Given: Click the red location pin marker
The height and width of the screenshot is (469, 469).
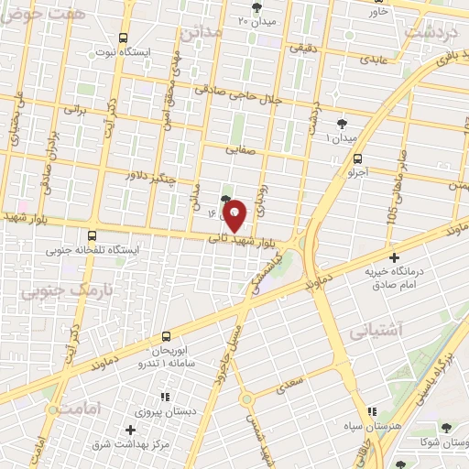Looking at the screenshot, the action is click(x=235, y=215).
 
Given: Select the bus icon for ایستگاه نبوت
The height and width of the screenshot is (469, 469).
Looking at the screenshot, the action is click(x=125, y=38).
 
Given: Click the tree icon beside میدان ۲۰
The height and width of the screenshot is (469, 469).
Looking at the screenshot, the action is click(x=255, y=6).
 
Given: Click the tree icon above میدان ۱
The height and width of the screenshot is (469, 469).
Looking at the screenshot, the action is click(x=342, y=123).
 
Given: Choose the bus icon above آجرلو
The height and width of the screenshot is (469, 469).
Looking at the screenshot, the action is click(x=357, y=155).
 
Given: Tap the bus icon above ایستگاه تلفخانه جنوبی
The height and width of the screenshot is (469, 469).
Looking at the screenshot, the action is click(x=91, y=235).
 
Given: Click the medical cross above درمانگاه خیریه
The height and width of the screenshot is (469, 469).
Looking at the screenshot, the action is click(x=395, y=258).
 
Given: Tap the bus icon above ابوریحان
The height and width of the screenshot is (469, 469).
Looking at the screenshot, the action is click(x=167, y=337).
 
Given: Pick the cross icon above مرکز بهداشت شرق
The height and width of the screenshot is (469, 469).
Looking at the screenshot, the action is click(x=130, y=430).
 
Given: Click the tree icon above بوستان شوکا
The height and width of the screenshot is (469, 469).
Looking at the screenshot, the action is click(x=445, y=428).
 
